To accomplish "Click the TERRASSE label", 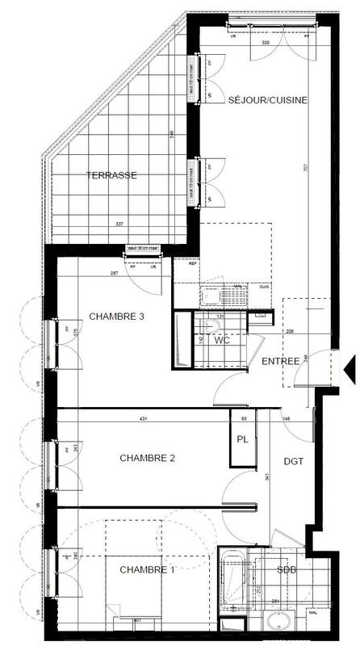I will [x=111, y=174].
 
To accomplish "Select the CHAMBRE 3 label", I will [x=116, y=316].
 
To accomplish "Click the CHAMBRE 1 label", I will [x=147, y=570].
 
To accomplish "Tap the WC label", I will [x=224, y=340].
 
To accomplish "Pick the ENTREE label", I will [x=280, y=360].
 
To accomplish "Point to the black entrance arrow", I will [x=350, y=368].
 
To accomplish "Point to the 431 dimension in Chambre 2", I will [x=142, y=418].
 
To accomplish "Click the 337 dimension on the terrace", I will [x=119, y=224].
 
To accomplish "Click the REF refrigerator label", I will [x=192, y=263].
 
